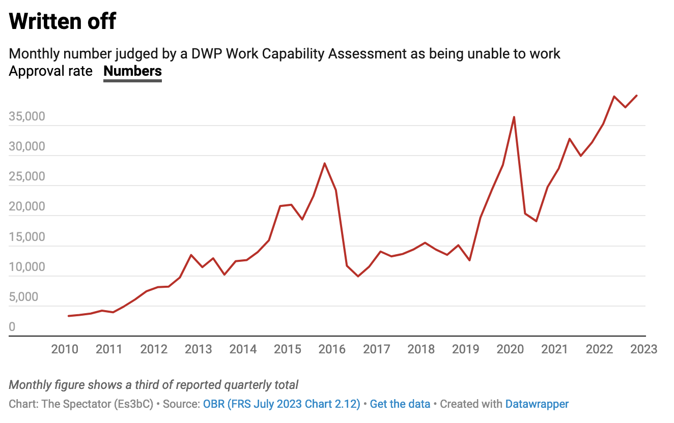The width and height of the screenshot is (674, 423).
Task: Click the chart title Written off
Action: point(63,21)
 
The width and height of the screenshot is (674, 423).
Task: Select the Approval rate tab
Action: point(51,71)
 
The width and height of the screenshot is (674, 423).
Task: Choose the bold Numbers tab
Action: point(132,71)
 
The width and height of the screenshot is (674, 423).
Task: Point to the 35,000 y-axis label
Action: point(34,117)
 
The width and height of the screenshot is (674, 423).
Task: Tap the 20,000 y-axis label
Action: point(34,207)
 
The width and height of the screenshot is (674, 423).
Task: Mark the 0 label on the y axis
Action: point(12,327)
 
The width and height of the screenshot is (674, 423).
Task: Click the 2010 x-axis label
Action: point(65,349)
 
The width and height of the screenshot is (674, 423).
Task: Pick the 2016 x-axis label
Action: point(332,349)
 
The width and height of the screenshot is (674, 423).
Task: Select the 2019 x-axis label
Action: point(466,349)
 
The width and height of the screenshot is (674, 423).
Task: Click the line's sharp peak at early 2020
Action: point(514,117)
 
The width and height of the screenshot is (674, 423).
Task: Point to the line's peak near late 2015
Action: point(325,163)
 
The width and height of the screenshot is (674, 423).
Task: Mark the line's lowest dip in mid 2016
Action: point(358,276)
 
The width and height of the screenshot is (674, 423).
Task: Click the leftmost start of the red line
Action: point(69,316)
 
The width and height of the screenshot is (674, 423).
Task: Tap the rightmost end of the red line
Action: point(637,96)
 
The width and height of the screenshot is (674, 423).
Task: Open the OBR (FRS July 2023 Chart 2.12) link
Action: point(282,404)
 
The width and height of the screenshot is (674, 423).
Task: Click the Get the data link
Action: point(400,404)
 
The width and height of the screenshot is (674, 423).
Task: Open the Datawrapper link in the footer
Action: point(537,404)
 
